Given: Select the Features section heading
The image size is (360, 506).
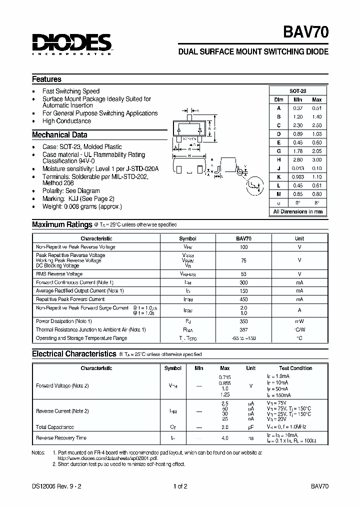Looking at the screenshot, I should pos(46,79).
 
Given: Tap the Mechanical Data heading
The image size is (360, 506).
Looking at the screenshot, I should pos(59,134).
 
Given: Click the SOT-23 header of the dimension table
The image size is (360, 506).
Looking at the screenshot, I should pos(298,91).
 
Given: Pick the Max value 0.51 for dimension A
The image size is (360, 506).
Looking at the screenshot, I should pos(316,108).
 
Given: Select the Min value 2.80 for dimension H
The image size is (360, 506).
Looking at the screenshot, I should pos(298,159).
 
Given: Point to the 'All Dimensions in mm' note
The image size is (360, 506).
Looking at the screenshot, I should pos(298,211).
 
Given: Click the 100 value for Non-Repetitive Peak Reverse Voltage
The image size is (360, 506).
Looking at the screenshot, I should pos(243,247).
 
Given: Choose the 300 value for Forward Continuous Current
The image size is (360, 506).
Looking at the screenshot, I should pos(243,282).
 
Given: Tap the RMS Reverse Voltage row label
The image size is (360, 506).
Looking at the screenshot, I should pos(59,274).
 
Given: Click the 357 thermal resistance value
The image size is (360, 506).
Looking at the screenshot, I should pos(243,329).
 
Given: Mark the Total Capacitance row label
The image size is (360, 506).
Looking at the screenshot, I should pos(54,427).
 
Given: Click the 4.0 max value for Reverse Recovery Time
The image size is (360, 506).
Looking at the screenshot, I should pos(224,438).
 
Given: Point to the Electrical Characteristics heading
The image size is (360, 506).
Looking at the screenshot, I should pos(74,353).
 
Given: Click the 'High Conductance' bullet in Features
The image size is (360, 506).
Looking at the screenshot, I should pos(66,121).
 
